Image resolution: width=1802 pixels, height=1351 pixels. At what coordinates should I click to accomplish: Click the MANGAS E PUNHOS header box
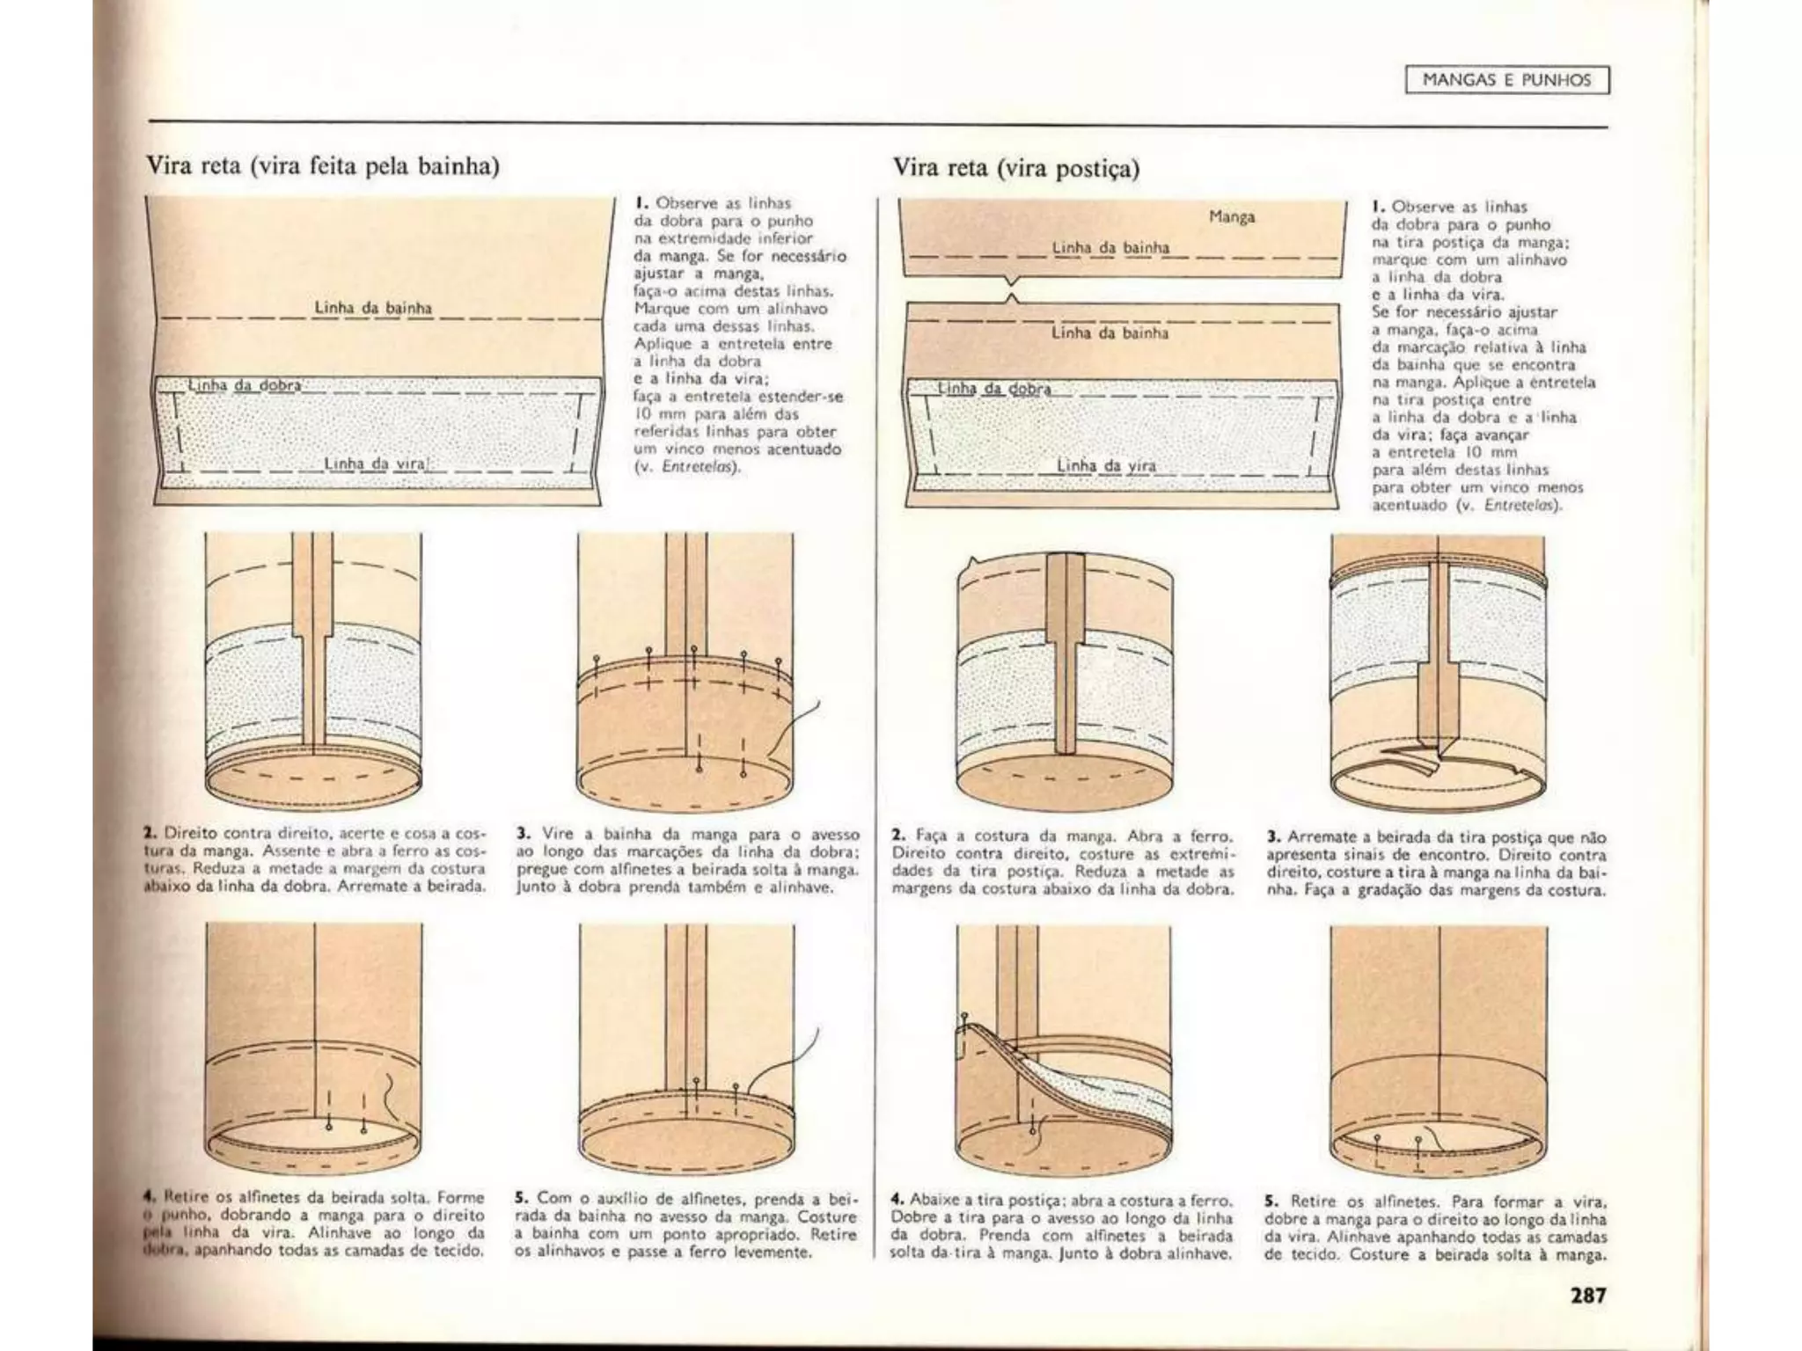pyautogui.click(x=1506, y=81)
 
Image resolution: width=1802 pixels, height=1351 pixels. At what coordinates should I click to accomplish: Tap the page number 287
pyautogui.click(x=1588, y=1296)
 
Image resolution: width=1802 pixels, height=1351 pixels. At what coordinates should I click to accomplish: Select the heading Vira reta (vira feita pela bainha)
pyautogui.click(x=323, y=166)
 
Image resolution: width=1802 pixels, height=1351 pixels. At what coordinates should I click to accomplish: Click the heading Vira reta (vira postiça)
pyautogui.click(x=1016, y=168)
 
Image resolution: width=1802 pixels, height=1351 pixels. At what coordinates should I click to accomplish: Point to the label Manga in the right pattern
pyautogui.click(x=1232, y=217)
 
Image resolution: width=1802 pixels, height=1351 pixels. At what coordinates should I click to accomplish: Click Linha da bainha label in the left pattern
pyautogui.click(x=373, y=308)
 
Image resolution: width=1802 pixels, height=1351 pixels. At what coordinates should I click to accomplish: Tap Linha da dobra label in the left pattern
pyautogui.click(x=245, y=385)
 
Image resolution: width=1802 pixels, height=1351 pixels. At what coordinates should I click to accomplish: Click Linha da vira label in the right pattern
pyautogui.click(x=1106, y=466)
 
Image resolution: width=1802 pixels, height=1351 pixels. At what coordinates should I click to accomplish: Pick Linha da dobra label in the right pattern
pyautogui.click(x=994, y=388)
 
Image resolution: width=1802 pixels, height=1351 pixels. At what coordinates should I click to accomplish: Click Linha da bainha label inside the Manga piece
pyautogui.click(x=1110, y=248)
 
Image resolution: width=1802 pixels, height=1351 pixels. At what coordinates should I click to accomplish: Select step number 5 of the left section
pyautogui.click(x=521, y=1198)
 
